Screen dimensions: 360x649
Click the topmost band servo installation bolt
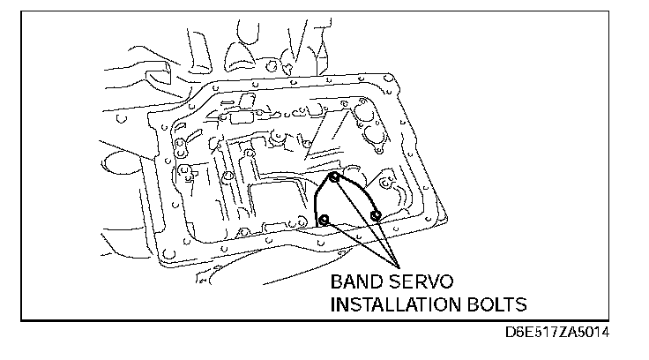click(x=335, y=177)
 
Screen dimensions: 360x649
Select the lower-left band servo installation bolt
click(x=324, y=219)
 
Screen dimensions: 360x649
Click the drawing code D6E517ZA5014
click(x=558, y=334)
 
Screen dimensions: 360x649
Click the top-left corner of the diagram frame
click(x=22, y=11)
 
